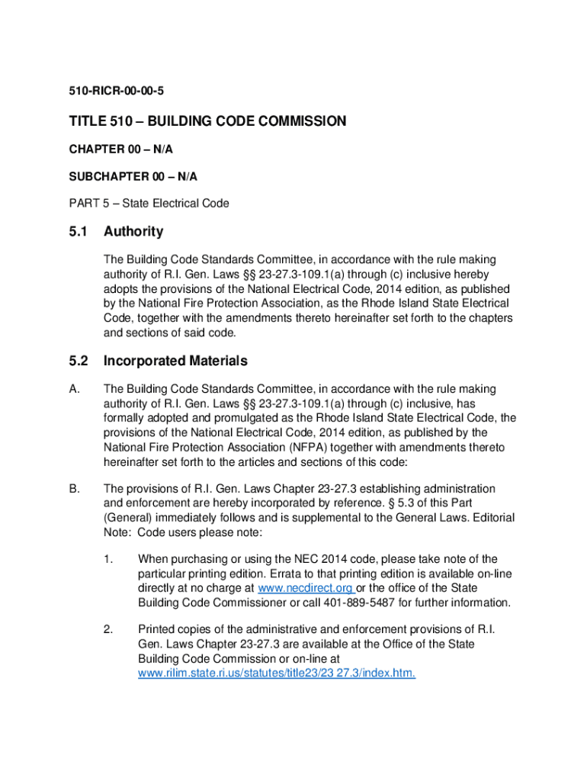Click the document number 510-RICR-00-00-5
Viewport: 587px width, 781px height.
coord(117,92)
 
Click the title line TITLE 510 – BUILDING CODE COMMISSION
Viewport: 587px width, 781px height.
coord(207,121)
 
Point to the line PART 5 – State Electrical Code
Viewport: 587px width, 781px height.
coord(149,204)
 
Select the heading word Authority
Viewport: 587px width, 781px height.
coord(133,231)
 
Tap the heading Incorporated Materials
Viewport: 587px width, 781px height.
coord(175,361)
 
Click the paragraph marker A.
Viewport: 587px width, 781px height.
coord(74,390)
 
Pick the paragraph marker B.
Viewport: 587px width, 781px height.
coord(74,489)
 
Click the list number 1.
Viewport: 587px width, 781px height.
coord(108,560)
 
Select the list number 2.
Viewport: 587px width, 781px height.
coord(108,630)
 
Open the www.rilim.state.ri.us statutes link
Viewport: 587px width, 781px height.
coord(276,674)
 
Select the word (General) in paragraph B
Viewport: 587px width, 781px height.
coord(127,518)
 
